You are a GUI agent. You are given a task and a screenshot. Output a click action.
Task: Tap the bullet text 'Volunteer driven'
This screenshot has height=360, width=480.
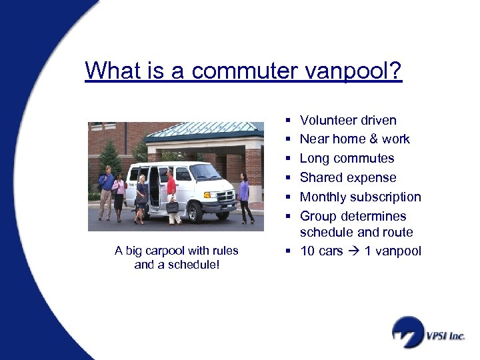(348, 121)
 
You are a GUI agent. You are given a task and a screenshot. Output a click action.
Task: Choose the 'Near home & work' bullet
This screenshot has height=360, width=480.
(355, 139)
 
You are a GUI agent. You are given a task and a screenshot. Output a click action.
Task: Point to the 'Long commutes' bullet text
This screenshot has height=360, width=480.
(347, 159)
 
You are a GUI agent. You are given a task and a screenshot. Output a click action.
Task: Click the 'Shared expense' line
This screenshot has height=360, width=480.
(348, 178)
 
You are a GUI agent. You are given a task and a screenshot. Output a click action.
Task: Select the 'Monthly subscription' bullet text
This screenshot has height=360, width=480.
(361, 197)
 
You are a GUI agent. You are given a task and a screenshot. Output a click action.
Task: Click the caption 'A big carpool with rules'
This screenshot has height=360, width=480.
(176, 251)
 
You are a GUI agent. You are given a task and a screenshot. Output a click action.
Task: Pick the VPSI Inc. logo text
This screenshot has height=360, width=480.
(445, 337)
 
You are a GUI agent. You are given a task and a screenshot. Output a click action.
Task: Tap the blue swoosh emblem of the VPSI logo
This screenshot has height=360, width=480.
(407, 331)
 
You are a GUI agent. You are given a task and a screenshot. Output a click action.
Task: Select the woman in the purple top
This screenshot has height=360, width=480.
(245, 195)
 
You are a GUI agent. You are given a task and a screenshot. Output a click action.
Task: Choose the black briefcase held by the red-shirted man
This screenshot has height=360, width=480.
(172, 207)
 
